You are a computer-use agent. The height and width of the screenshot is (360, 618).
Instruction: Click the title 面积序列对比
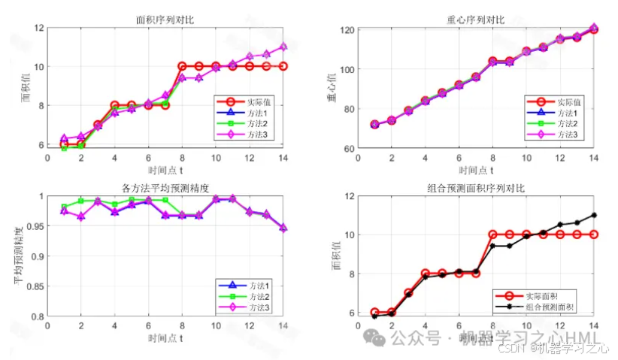[166, 19]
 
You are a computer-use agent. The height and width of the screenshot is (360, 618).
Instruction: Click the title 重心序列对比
[474, 19]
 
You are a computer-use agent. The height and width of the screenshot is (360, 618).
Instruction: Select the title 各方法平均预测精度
[165, 187]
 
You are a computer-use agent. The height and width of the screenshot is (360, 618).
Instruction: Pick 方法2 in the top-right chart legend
[568, 123]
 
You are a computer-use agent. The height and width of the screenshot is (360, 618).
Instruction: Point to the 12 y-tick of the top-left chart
[38, 28]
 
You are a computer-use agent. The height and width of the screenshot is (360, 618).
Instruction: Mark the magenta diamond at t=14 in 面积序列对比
[283, 47]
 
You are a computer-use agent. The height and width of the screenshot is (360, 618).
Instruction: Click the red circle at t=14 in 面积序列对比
[283, 66]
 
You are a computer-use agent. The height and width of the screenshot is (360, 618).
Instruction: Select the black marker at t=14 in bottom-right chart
[594, 215]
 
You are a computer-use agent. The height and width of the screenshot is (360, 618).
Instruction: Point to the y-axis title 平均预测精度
[17, 256]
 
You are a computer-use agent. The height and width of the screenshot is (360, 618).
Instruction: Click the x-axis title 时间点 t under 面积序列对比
[165, 170]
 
